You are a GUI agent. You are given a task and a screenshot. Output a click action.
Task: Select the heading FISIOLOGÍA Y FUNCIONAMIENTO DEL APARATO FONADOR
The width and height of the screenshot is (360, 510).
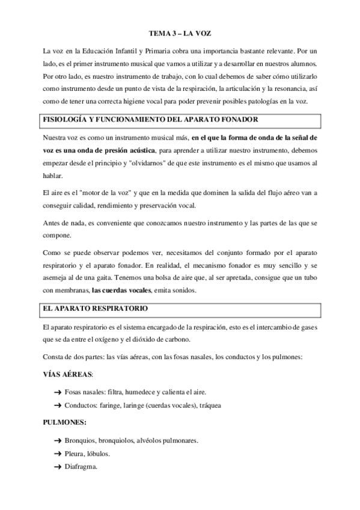pos(142,120)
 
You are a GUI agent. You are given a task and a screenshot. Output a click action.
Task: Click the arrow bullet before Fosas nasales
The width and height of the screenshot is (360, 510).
pos(58,392)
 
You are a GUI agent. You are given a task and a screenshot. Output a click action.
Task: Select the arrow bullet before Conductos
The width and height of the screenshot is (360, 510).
pos(58,405)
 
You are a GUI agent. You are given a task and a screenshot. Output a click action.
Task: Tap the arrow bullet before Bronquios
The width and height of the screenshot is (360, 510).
pos(58,440)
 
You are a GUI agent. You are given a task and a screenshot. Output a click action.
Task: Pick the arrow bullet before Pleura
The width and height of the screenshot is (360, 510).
pos(58,453)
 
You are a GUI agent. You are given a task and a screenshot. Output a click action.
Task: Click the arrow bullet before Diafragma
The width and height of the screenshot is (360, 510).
pos(58,467)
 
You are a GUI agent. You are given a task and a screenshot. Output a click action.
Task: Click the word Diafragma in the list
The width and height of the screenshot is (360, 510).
pos(81,467)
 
